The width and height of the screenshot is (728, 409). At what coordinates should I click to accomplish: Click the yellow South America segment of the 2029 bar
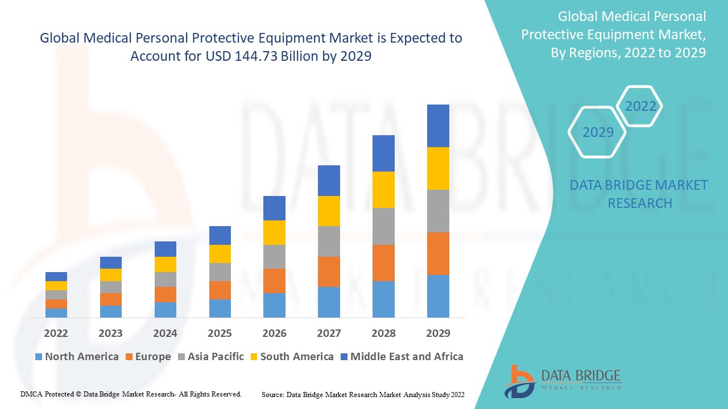click(438, 168)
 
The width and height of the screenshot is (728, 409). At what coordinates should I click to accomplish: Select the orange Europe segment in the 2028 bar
click(383, 262)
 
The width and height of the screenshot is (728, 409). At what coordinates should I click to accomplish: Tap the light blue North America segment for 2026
click(274, 305)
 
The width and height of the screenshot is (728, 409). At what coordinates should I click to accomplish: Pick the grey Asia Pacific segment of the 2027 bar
click(329, 241)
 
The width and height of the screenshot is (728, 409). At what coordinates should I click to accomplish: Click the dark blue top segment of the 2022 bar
click(56, 277)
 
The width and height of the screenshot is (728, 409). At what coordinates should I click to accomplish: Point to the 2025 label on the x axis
click(220, 333)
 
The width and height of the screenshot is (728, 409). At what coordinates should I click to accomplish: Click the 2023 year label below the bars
click(110, 333)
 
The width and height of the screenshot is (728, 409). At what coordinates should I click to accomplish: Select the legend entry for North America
click(77, 357)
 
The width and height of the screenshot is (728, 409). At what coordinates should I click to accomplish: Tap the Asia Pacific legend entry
click(210, 357)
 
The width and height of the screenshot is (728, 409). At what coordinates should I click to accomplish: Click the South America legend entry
click(291, 357)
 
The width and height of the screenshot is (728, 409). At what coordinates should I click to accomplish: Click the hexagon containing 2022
click(640, 106)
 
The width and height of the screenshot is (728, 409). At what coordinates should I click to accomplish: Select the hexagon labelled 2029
click(598, 132)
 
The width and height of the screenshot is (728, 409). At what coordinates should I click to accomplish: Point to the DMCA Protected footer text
click(131, 394)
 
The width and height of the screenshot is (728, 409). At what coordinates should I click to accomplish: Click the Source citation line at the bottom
click(363, 394)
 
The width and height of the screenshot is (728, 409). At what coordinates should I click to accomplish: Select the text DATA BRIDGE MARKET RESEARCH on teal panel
click(639, 194)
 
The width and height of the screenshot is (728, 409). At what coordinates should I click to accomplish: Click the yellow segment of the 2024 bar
click(166, 264)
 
